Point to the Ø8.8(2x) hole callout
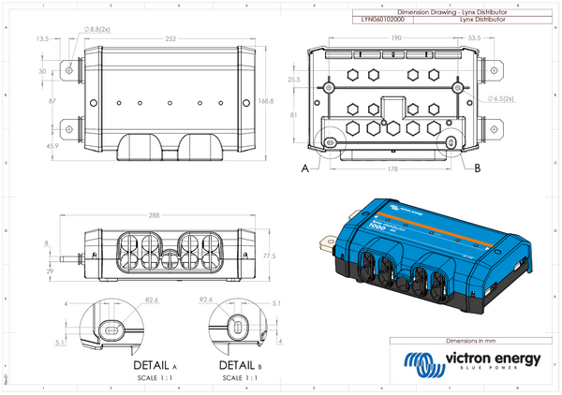pos(100,29)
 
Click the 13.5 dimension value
pos(42,39)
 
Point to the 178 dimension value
pos(393,169)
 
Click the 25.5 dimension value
pos(293,80)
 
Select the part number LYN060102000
pos(383,18)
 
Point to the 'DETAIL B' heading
pos(236,363)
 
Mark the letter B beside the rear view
pos(479,168)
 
